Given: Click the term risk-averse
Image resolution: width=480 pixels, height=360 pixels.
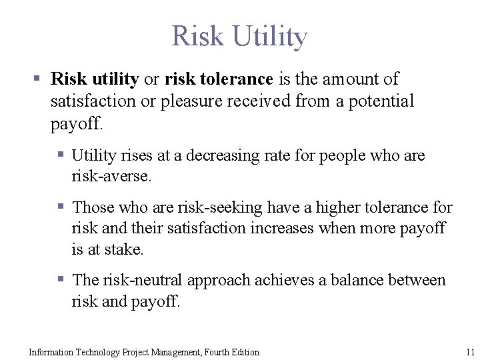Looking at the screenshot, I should [111, 176].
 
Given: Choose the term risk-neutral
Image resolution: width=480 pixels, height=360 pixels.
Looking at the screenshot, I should [143, 281].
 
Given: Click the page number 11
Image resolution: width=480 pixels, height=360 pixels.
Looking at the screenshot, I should [470, 352].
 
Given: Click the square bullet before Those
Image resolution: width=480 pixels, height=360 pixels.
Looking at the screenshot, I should [61, 207].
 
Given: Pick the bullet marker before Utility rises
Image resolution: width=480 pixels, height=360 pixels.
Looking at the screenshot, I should [61, 155].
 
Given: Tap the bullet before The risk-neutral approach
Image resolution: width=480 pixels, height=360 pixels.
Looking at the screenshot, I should [61, 280].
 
